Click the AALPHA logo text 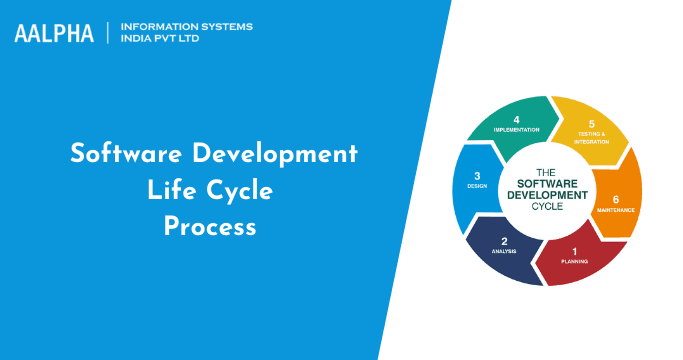54,33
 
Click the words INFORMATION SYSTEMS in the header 186,26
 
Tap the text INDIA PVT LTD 166,41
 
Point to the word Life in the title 173,191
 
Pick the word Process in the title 211,227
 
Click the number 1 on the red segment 574,251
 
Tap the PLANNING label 574,262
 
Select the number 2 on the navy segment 504,241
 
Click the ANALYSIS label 504,252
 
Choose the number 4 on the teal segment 516,119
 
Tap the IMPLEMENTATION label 516,130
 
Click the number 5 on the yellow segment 592,123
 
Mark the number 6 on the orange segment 616,199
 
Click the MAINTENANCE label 616,210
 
